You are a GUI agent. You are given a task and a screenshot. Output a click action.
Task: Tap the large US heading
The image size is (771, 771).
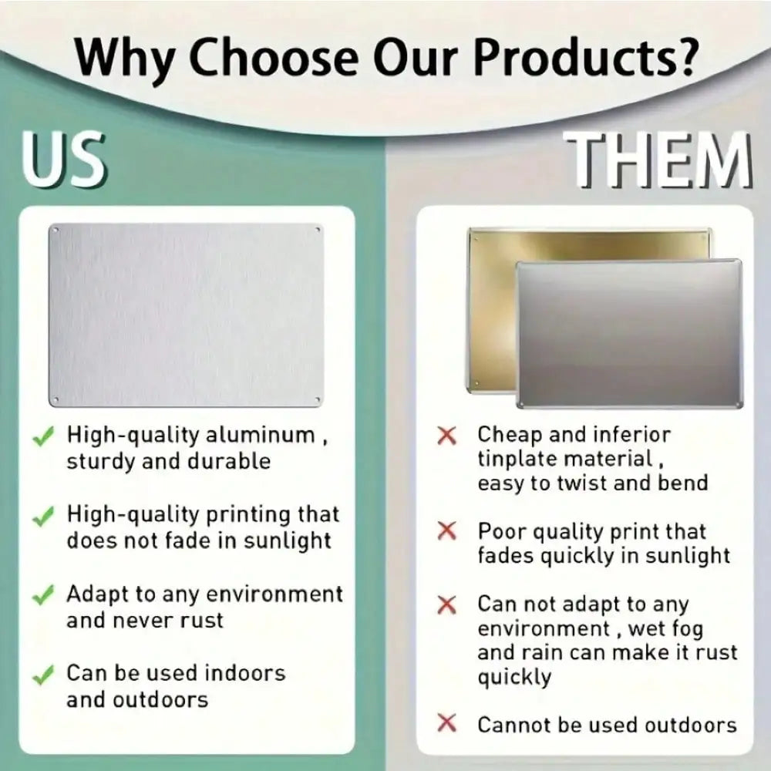63,160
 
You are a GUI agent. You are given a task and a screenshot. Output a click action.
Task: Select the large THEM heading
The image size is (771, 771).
659,160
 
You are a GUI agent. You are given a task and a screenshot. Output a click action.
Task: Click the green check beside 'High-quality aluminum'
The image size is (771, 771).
43,436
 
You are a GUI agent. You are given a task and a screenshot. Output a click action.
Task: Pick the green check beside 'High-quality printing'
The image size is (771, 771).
43,517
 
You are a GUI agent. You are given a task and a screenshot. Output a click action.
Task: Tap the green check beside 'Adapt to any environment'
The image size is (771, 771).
43,595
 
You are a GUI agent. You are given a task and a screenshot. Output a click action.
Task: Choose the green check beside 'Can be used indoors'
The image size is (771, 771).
43,675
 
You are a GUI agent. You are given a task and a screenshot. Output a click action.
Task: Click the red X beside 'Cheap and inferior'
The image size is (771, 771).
447,436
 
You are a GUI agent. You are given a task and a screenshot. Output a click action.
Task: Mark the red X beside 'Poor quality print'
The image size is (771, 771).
447,530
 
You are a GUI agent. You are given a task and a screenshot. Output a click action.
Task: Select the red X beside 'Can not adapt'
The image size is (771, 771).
447,604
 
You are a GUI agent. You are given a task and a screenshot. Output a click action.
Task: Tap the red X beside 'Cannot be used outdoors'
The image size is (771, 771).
447,723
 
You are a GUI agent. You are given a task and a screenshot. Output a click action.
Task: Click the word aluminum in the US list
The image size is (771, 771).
260,435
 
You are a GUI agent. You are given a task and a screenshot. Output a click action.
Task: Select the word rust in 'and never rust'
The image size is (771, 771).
201,621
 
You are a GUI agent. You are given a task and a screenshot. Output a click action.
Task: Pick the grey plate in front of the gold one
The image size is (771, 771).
629,334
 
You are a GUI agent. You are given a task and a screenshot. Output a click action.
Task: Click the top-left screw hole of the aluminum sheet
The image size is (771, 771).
56,230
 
